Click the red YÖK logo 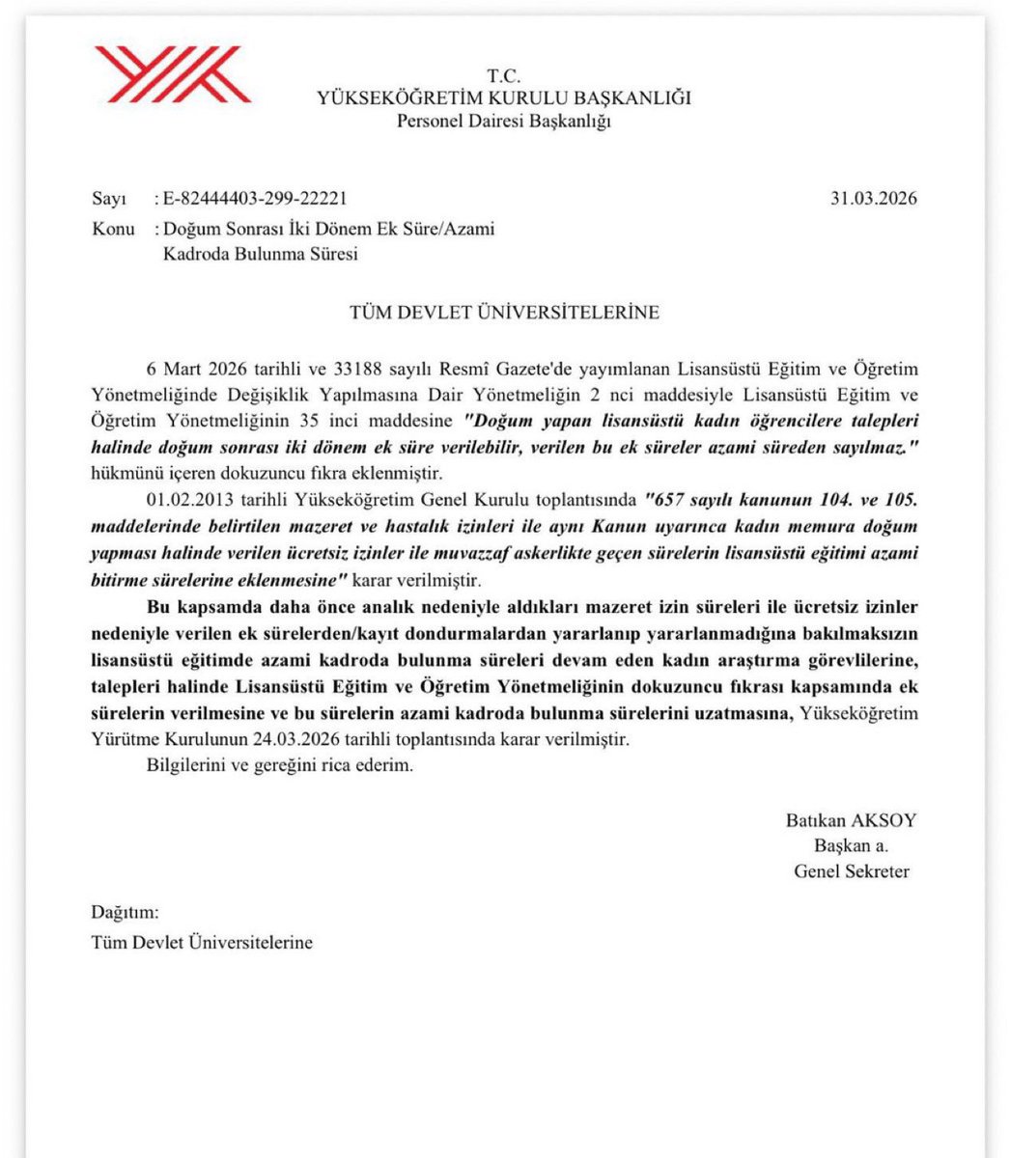(x=171, y=73)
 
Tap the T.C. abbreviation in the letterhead (x=504, y=76)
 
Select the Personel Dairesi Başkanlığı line (x=504, y=121)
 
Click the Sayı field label (x=109, y=200)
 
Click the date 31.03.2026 (x=873, y=200)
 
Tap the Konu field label (x=113, y=230)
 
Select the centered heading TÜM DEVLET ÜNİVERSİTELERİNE (x=504, y=312)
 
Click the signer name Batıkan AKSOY (x=851, y=821)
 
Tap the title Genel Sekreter (x=851, y=871)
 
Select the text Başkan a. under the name (x=851, y=846)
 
